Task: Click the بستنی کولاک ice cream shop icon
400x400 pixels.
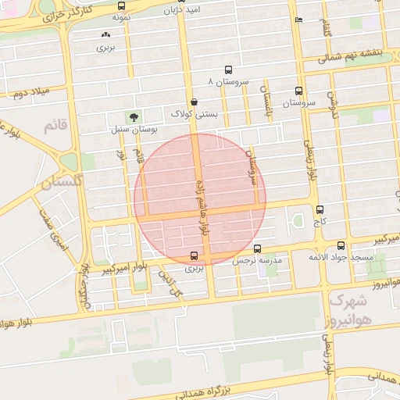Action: [x=193, y=102]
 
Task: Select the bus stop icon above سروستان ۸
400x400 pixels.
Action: [x=228, y=70]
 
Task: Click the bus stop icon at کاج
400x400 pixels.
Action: [x=320, y=210]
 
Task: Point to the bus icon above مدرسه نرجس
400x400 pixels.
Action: [x=257, y=248]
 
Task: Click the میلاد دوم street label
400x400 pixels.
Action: [x=30, y=94]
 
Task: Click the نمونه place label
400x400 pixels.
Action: [x=120, y=16]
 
